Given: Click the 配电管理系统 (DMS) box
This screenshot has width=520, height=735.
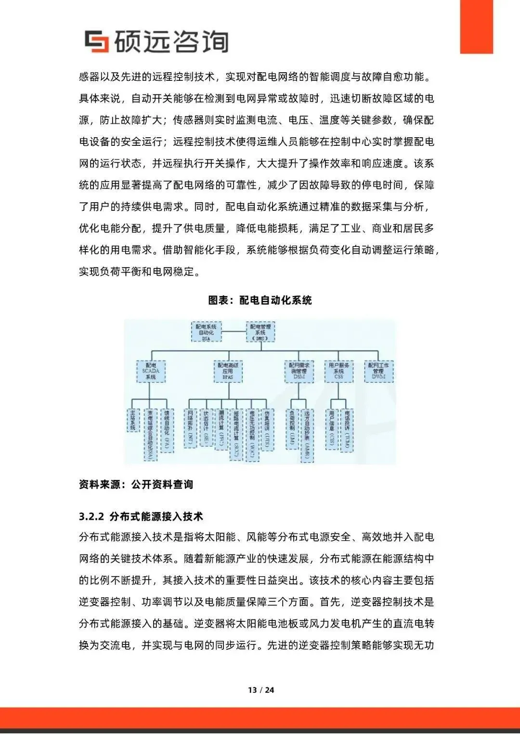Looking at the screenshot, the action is pyautogui.click(x=260, y=332).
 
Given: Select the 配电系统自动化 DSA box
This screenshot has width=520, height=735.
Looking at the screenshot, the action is pyautogui.click(x=206, y=332).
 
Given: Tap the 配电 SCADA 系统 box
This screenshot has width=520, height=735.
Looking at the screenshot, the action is pyautogui.click(x=151, y=371).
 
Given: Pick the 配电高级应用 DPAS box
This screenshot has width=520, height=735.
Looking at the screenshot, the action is pyautogui.click(x=228, y=371).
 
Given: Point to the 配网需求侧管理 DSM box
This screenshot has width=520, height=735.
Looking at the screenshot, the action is pyautogui.click(x=299, y=371).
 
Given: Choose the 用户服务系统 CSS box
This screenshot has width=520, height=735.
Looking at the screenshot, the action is pyautogui.click(x=338, y=371).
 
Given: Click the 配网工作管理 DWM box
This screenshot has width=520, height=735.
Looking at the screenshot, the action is pyautogui.click(x=378, y=371).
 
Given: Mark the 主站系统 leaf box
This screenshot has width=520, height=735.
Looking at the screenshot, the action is pyautogui.click(x=133, y=420).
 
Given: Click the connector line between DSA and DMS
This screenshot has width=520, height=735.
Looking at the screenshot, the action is pyautogui.click(x=234, y=332).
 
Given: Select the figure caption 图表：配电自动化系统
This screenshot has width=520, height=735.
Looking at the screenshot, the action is pyautogui.click(x=260, y=300).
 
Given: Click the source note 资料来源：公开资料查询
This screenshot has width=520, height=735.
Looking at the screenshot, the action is pyautogui.click(x=136, y=484).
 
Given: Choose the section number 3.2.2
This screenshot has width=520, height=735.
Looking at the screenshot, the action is pyautogui.click(x=91, y=516).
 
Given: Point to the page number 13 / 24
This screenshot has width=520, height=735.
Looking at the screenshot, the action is pyautogui.click(x=260, y=690).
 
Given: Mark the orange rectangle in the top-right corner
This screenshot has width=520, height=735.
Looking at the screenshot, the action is pyautogui.click(x=476, y=26).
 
